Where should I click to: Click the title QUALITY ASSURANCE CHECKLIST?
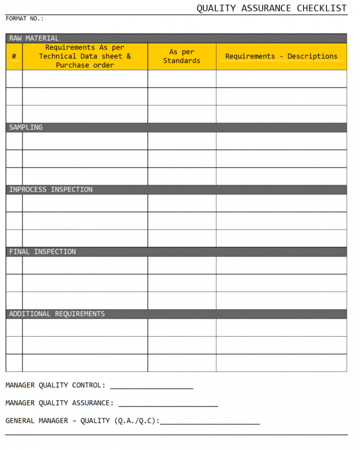click(271, 8)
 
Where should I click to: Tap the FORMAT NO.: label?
click(24, 19)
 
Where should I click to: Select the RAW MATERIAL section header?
click(34, 38)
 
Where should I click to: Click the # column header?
click(14, 56)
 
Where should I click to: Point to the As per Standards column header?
click(182, 56)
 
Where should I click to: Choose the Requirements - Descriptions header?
click(281, 56)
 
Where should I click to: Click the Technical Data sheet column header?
click(85, 56)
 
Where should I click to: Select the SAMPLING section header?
click(26, 127)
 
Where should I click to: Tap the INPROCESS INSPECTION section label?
click(51, 190)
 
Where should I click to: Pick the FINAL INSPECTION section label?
click(42, 252)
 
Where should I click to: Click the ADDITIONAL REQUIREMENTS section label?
click(57, 314)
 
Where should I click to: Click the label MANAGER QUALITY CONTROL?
click(55, 385)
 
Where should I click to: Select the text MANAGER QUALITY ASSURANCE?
click(60, 403)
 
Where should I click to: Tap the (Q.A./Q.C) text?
click(136, 421)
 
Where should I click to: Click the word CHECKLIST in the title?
click(322, 8)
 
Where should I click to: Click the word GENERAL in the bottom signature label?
click(20, 421)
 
